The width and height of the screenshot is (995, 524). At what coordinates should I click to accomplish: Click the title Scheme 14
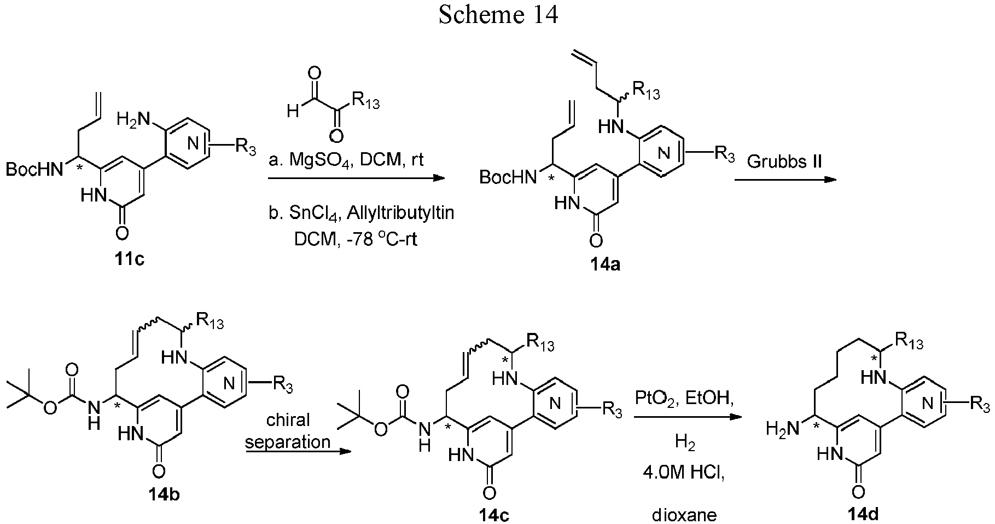point(498,15)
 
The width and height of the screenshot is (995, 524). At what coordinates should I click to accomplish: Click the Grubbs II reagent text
point(785,162)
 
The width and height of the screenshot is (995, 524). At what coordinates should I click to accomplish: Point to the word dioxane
point(684,515)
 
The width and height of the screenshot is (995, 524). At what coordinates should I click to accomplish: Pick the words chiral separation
point(288,430)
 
